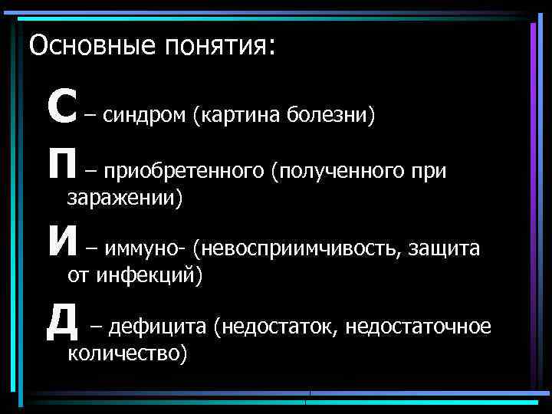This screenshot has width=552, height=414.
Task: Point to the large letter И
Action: click(x=62, y=248)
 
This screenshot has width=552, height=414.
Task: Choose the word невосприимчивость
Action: click(x=296, y=248)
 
